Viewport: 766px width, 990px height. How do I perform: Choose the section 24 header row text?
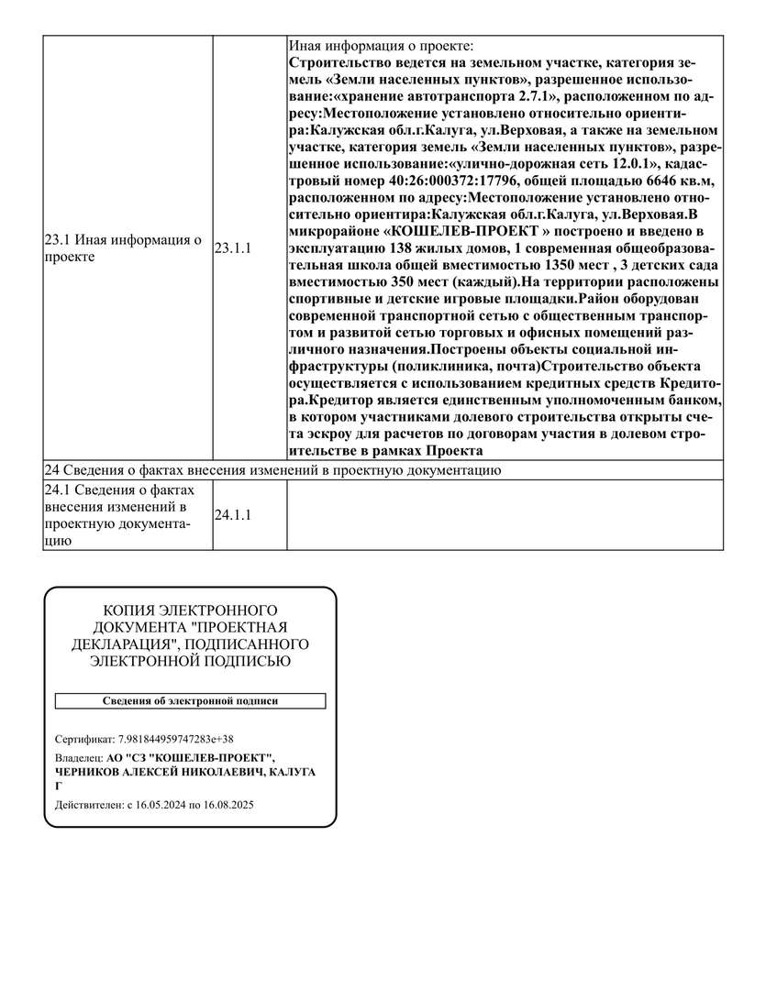272,471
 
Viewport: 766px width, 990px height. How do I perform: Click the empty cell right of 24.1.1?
505,515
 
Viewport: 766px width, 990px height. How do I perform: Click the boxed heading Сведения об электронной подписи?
190,701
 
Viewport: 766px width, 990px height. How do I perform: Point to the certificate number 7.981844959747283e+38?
176,739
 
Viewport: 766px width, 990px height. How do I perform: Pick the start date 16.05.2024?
161,805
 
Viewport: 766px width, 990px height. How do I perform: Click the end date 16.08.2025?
228,805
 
